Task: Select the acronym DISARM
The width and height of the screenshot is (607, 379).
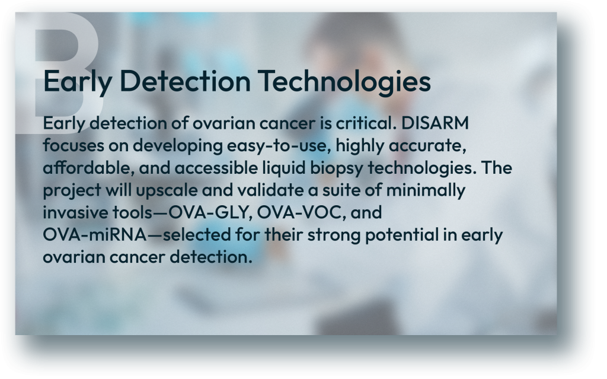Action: click(x=435, y=123)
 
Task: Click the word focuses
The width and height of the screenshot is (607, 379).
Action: click(x=74, y=145)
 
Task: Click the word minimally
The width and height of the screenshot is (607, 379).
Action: click(x=426, y=190)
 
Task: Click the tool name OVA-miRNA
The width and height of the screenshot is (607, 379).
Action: click(x=95, y=234)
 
